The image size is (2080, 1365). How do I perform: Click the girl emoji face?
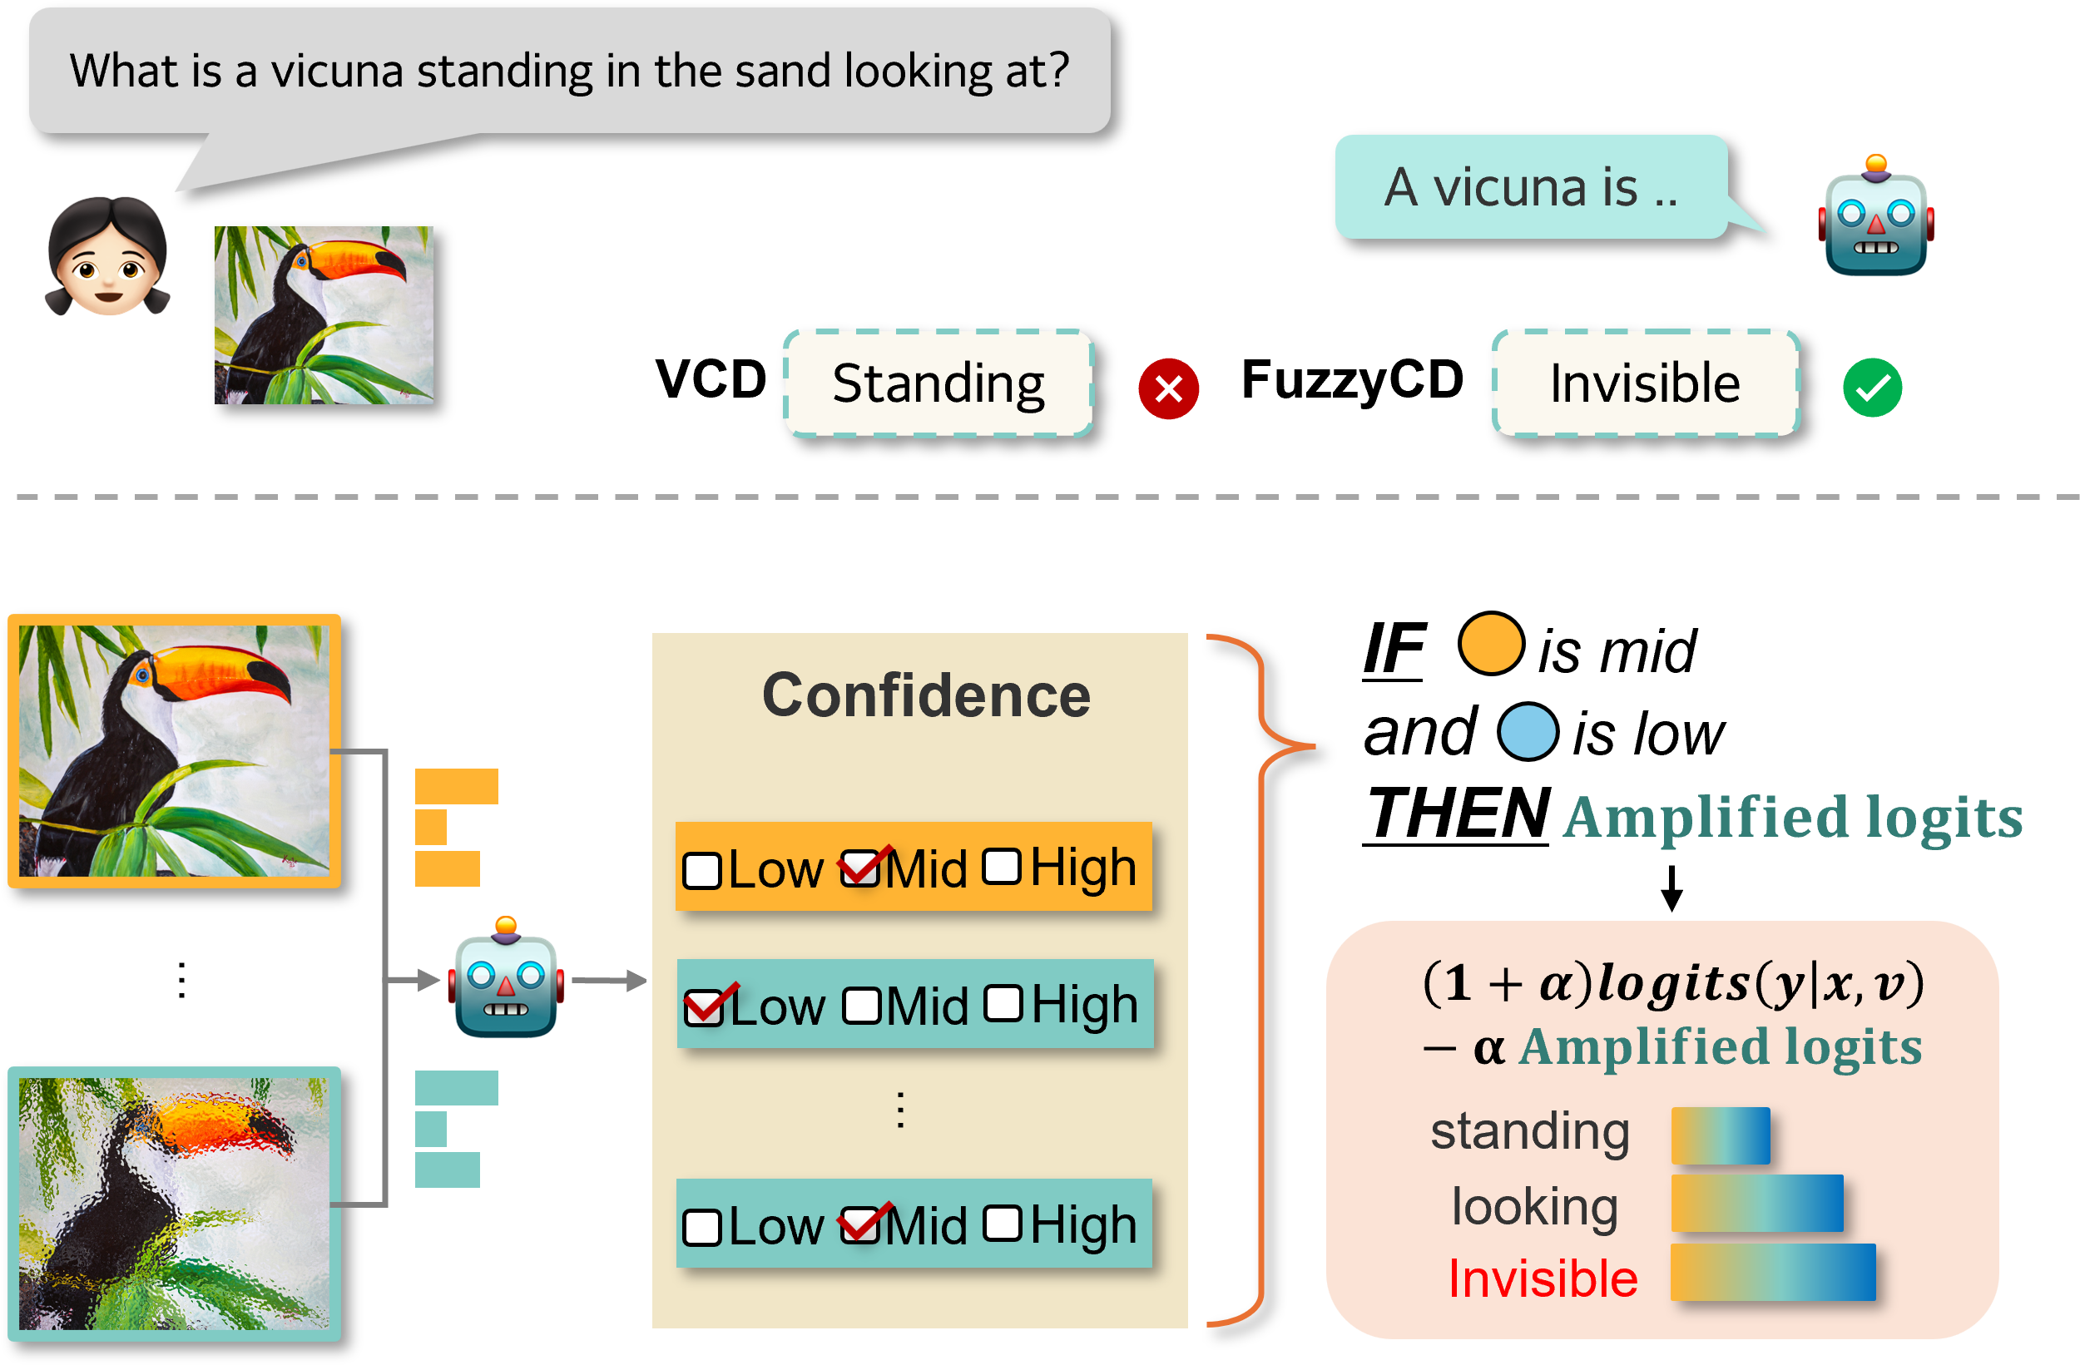107,259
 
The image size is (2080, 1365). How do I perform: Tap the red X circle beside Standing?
1168,389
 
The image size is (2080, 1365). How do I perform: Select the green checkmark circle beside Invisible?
1872,388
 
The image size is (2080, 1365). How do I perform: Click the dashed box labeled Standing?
938,383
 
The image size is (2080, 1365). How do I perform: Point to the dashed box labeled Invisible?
1646,383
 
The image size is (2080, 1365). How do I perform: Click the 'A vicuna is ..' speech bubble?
1530,187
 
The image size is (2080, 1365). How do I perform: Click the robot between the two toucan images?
506,981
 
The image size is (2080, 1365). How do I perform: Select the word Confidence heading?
925,695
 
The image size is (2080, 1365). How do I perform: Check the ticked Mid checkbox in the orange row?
861,868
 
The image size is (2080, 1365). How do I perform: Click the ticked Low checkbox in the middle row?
705,1006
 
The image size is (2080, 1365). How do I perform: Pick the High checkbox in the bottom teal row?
1003,1224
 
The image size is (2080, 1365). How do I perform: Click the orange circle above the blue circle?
1491,643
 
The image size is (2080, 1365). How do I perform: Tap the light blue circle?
1528,731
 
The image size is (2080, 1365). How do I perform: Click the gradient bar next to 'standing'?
1720,1135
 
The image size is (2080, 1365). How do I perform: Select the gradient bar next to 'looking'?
1756,1204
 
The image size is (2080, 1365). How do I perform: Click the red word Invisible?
1543,1278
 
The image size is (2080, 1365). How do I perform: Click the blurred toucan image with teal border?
175,1203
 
